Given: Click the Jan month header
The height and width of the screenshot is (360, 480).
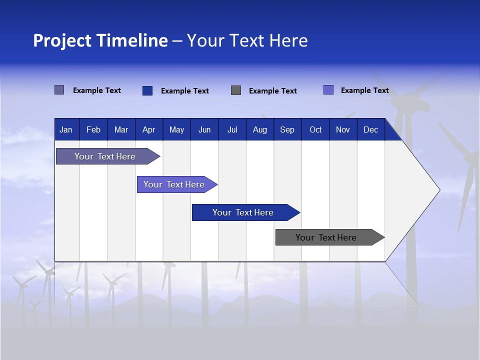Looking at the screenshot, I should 66,129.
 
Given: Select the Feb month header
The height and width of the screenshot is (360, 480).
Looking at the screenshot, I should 93,129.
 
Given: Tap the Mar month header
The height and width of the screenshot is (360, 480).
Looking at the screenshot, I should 121,129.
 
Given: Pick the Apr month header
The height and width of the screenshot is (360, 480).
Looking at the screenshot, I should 149,129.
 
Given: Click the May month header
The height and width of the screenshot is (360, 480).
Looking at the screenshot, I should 176,129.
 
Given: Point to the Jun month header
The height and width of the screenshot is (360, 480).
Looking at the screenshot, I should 204,129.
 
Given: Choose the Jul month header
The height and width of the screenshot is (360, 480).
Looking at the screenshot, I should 232,129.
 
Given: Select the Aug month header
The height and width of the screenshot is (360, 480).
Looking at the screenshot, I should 260,129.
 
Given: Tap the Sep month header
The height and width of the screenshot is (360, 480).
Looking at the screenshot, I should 287,129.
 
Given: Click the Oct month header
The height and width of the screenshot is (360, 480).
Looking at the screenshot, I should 315,129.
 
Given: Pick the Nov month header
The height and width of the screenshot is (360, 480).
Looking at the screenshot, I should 343,129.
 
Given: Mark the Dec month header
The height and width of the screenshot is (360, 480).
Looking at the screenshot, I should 371,129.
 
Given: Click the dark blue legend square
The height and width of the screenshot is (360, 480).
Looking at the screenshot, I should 147,90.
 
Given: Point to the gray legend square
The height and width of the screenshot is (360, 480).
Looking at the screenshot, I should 236,90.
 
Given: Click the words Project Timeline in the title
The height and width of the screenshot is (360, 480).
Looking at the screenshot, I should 100,40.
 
